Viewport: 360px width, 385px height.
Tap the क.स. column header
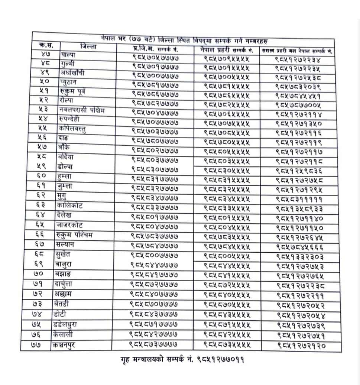[46, 46]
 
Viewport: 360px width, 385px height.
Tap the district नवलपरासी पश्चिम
[82, 110]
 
